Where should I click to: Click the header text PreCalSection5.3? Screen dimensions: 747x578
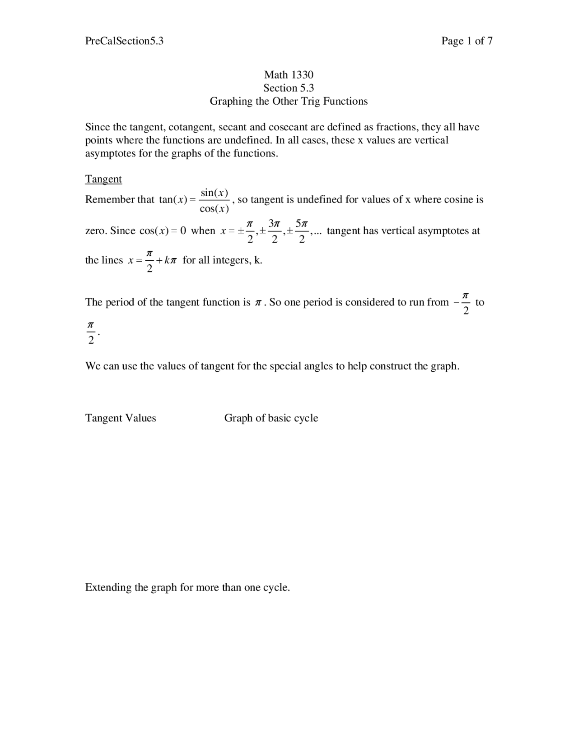click(x=124, y=41)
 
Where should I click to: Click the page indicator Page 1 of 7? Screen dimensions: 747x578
click(x=466, y=41)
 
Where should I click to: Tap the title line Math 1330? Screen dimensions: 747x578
click(x=289, y=75)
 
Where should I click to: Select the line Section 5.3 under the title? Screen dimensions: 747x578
click(x=289, y=88)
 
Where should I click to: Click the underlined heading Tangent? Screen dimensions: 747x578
click(x=103, y=179)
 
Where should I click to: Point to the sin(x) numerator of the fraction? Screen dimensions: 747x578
click(x=214, y=193)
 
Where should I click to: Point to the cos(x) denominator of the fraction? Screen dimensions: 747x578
click(x=214, y=208)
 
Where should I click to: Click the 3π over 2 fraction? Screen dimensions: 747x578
click(x=274, y=231)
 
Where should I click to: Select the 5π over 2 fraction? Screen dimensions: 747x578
click(x=302, y=231)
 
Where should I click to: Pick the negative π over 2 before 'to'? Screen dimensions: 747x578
click(x=463, y=303)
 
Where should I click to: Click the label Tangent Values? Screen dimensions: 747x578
click(x=121, y=418)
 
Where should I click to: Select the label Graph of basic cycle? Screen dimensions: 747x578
click(x=271, y=418)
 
